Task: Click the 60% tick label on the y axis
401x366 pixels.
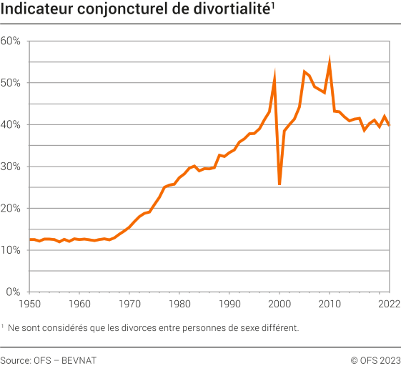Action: [11, 41]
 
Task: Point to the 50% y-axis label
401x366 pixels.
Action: [11, 83]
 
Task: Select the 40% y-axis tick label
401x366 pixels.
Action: [11, 124]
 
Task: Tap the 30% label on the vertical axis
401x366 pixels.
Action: [11, 167]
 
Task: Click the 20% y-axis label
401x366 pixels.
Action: [11, 208]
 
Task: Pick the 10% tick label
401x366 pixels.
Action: [11, 250]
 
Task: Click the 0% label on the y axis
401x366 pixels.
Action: [14, 292]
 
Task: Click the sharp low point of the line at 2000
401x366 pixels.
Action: [279, 184]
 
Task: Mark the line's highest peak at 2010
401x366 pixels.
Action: [330, 61]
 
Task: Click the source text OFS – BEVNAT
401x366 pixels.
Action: [66, 360]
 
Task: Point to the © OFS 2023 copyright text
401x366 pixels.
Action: [375, 360]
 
